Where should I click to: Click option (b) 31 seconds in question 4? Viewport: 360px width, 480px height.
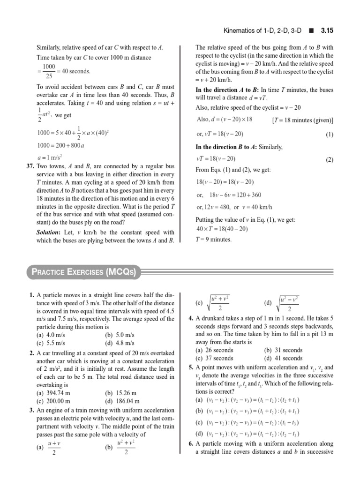[283, 350]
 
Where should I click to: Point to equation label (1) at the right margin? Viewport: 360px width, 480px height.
[329, 135]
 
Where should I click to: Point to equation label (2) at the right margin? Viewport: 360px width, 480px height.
[329, 159]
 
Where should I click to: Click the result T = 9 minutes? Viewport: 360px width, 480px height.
[213, 240]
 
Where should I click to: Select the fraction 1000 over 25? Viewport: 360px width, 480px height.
[49, 71]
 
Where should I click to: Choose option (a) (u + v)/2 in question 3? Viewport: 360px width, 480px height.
[49, 447]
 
